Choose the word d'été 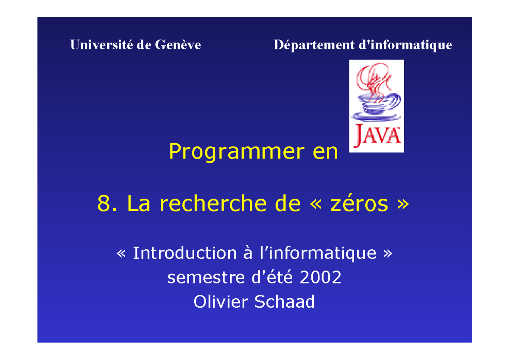click(270, 278)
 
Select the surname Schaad click(284, 302)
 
